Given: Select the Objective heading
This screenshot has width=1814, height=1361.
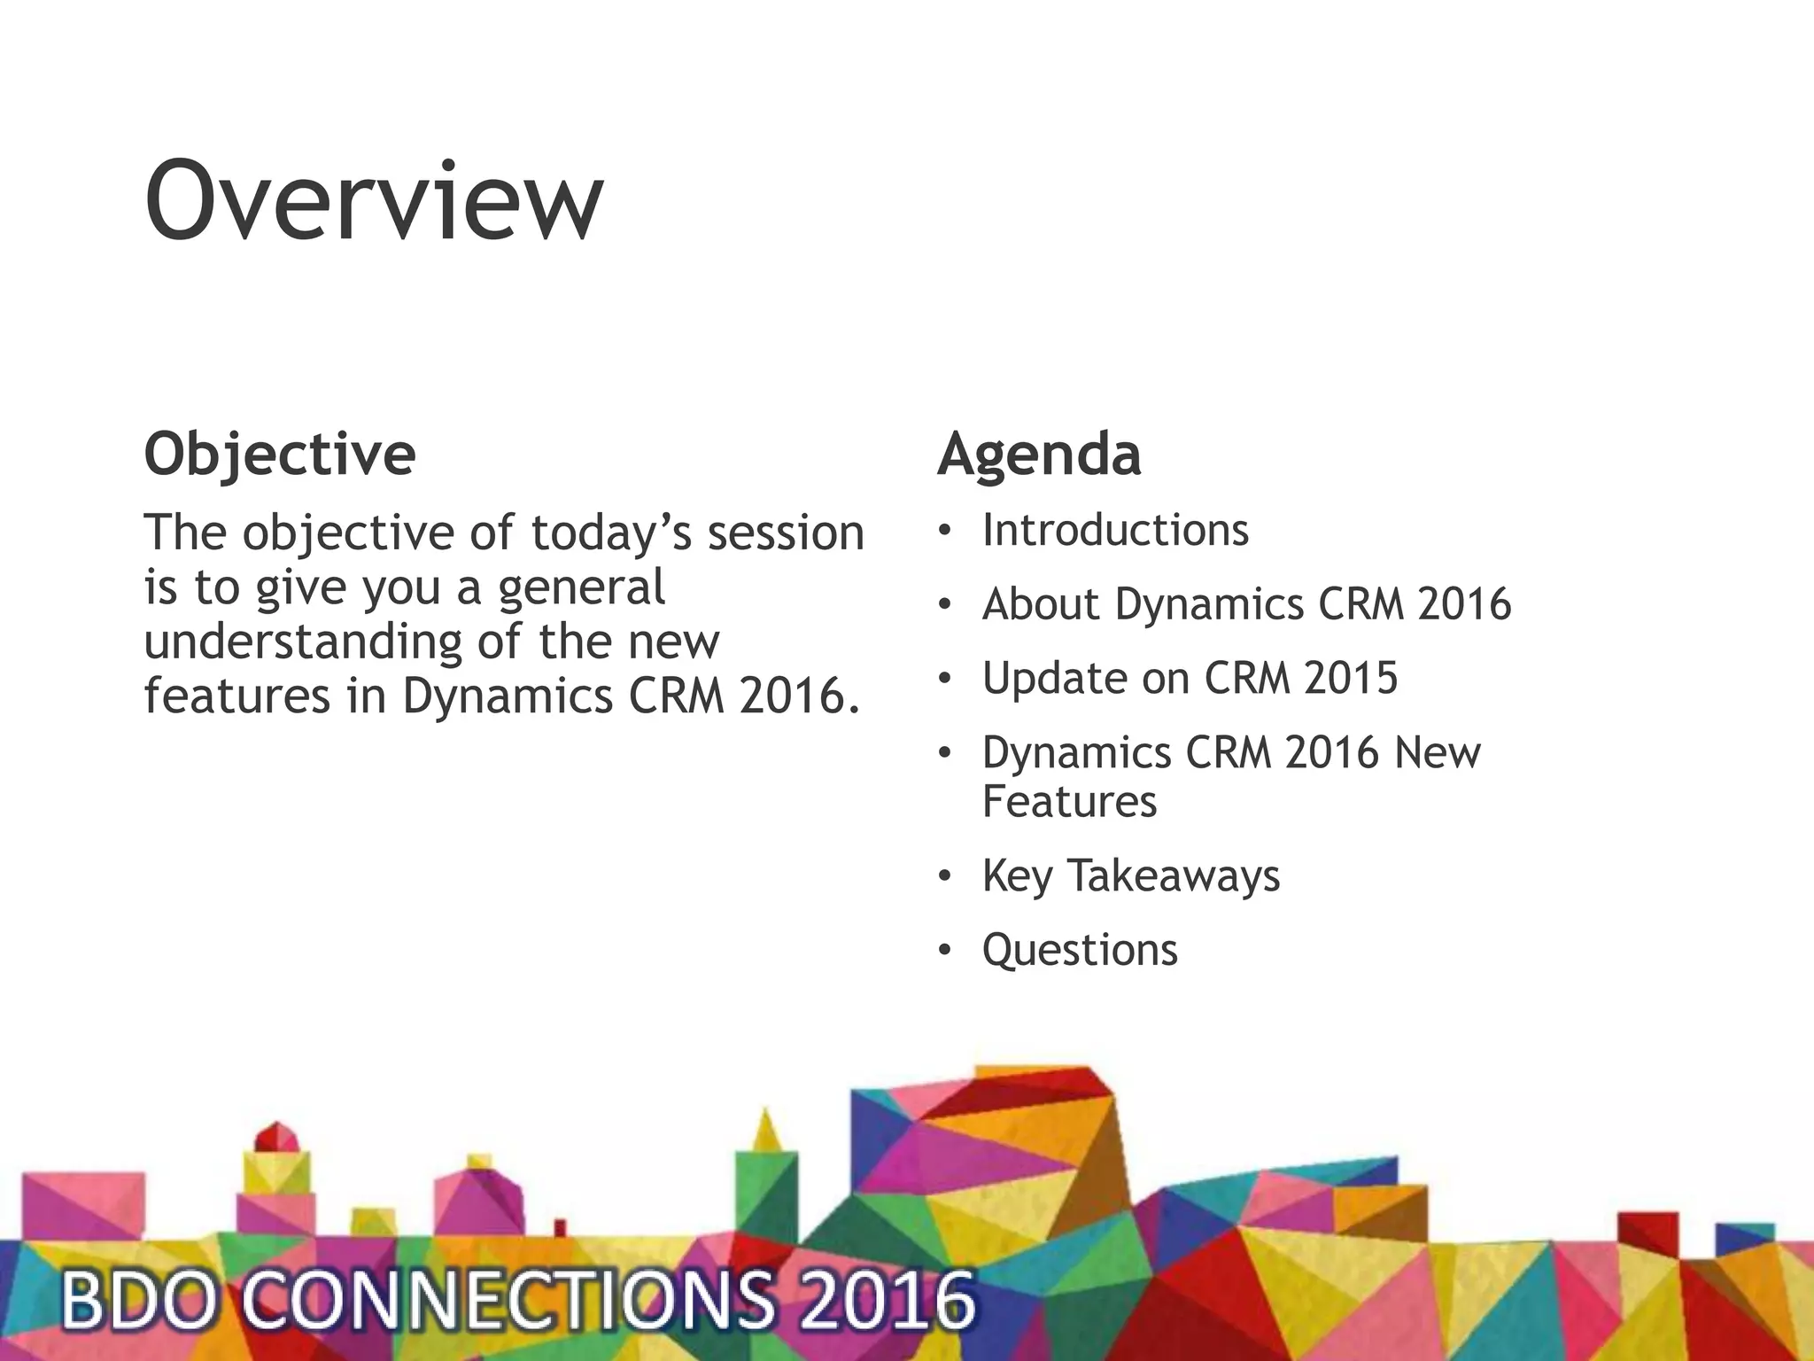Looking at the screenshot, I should pos(279,455).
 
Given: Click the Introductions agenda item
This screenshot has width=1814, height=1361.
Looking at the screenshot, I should pos(1114,530).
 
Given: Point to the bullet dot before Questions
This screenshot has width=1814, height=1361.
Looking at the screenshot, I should pos(944,951).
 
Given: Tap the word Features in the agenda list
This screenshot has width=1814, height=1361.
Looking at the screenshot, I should pos(1069,801).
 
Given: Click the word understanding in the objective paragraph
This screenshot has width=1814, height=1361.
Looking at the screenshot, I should pos(302,642).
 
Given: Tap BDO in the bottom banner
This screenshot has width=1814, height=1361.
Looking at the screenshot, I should pos(137,1301).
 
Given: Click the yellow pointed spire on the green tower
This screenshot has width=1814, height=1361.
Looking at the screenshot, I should pos(766,1131).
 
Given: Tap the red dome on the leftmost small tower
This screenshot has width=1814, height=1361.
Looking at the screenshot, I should pos(276,1137).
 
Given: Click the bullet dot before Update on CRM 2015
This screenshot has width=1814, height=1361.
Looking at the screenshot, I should pos(944,679).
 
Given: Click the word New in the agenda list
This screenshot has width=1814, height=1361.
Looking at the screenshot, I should pos(1437,753).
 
